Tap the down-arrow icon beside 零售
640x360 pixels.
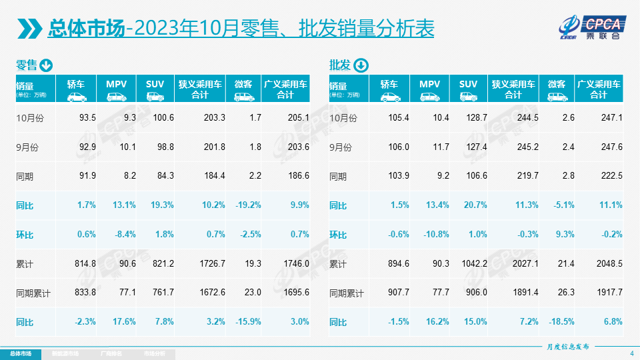(x=46, y=65)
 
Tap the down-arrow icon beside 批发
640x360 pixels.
(x=360, y=65)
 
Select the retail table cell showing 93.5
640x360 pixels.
(x=87, y=118)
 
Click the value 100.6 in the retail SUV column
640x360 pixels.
(x=163, y=118)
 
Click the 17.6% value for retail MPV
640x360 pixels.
(x=125, y=322)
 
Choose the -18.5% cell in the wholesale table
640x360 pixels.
(x=561, y=322)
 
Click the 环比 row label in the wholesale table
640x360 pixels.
(x=338, y=235)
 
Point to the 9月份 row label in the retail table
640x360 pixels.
(x=27, y=147)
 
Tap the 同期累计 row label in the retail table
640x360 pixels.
(x=33, y=293)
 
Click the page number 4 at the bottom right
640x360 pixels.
(x=631, y=353)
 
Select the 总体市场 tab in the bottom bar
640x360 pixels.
(x=20, y=353)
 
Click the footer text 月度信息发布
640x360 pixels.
(x=568, y=347)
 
